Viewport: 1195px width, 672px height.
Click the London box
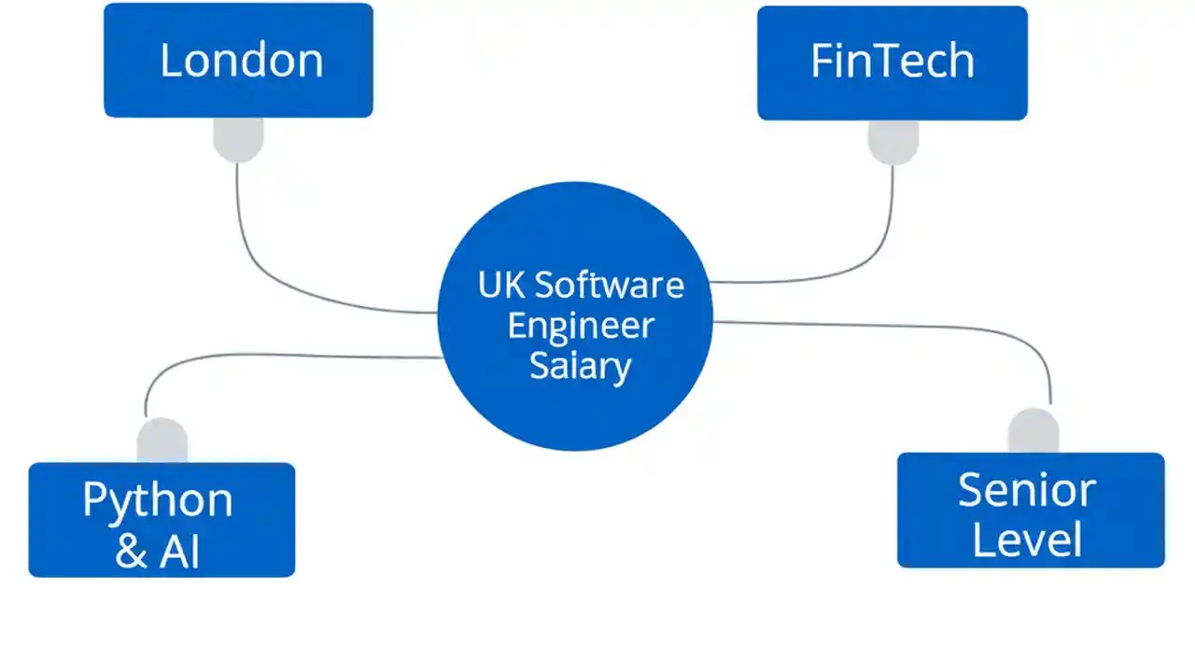[x=238, y=61]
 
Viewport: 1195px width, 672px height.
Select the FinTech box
[x=892, y=63]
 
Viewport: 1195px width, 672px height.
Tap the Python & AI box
[x=162, y=520]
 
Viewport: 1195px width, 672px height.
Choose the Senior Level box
[x=1031, y=511]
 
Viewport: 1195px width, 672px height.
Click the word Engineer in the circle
[x=580, y=326]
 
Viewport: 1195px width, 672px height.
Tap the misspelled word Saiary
[x=580, y=366]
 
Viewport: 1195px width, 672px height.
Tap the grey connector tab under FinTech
[x=893, y=141]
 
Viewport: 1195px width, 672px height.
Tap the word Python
[x=158, y=501]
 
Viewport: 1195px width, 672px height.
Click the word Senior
[x=1027, y=491]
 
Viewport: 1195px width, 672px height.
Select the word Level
[x=1027, y=540]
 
